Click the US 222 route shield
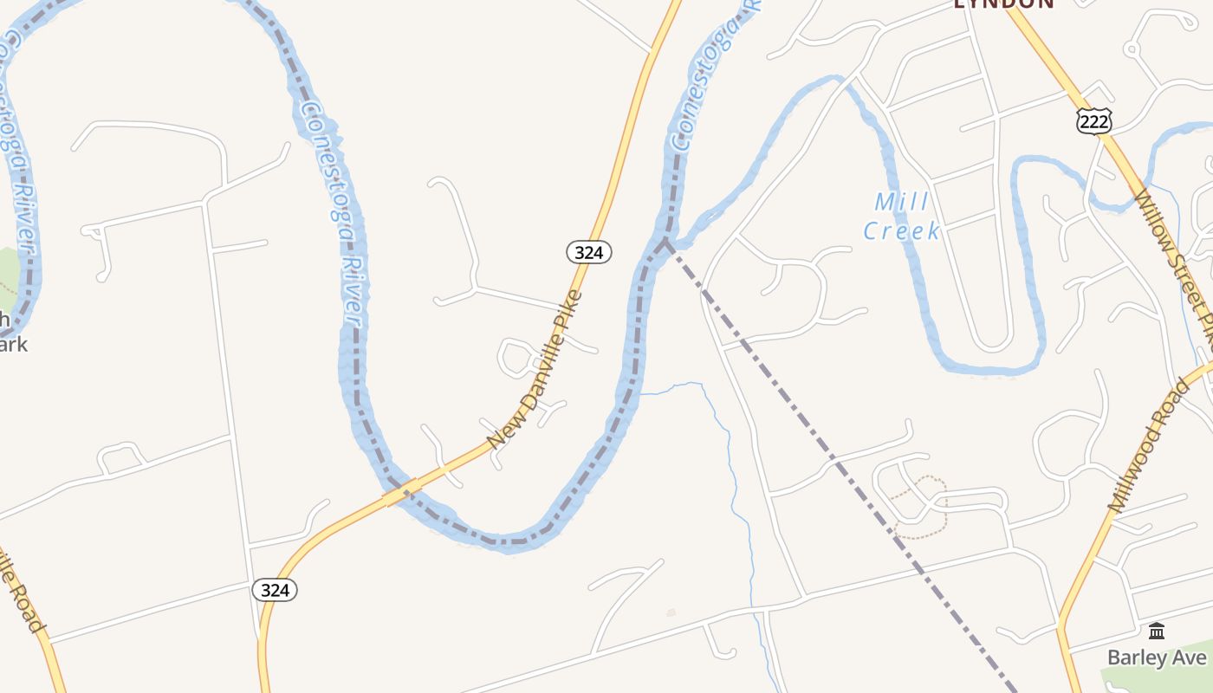tap(1094, 122)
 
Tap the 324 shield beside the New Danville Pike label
tap(589, 252)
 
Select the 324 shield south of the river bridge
tap(275, 590)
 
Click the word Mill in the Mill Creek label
tap(901, 203)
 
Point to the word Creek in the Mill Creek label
tap(901, 231)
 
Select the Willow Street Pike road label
tap(1175, 260)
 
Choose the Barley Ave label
tap(1156, 657)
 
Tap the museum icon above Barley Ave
tap(1157, 631)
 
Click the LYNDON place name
tap(1003, 3)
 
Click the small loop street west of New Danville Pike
tap(518, 358)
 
